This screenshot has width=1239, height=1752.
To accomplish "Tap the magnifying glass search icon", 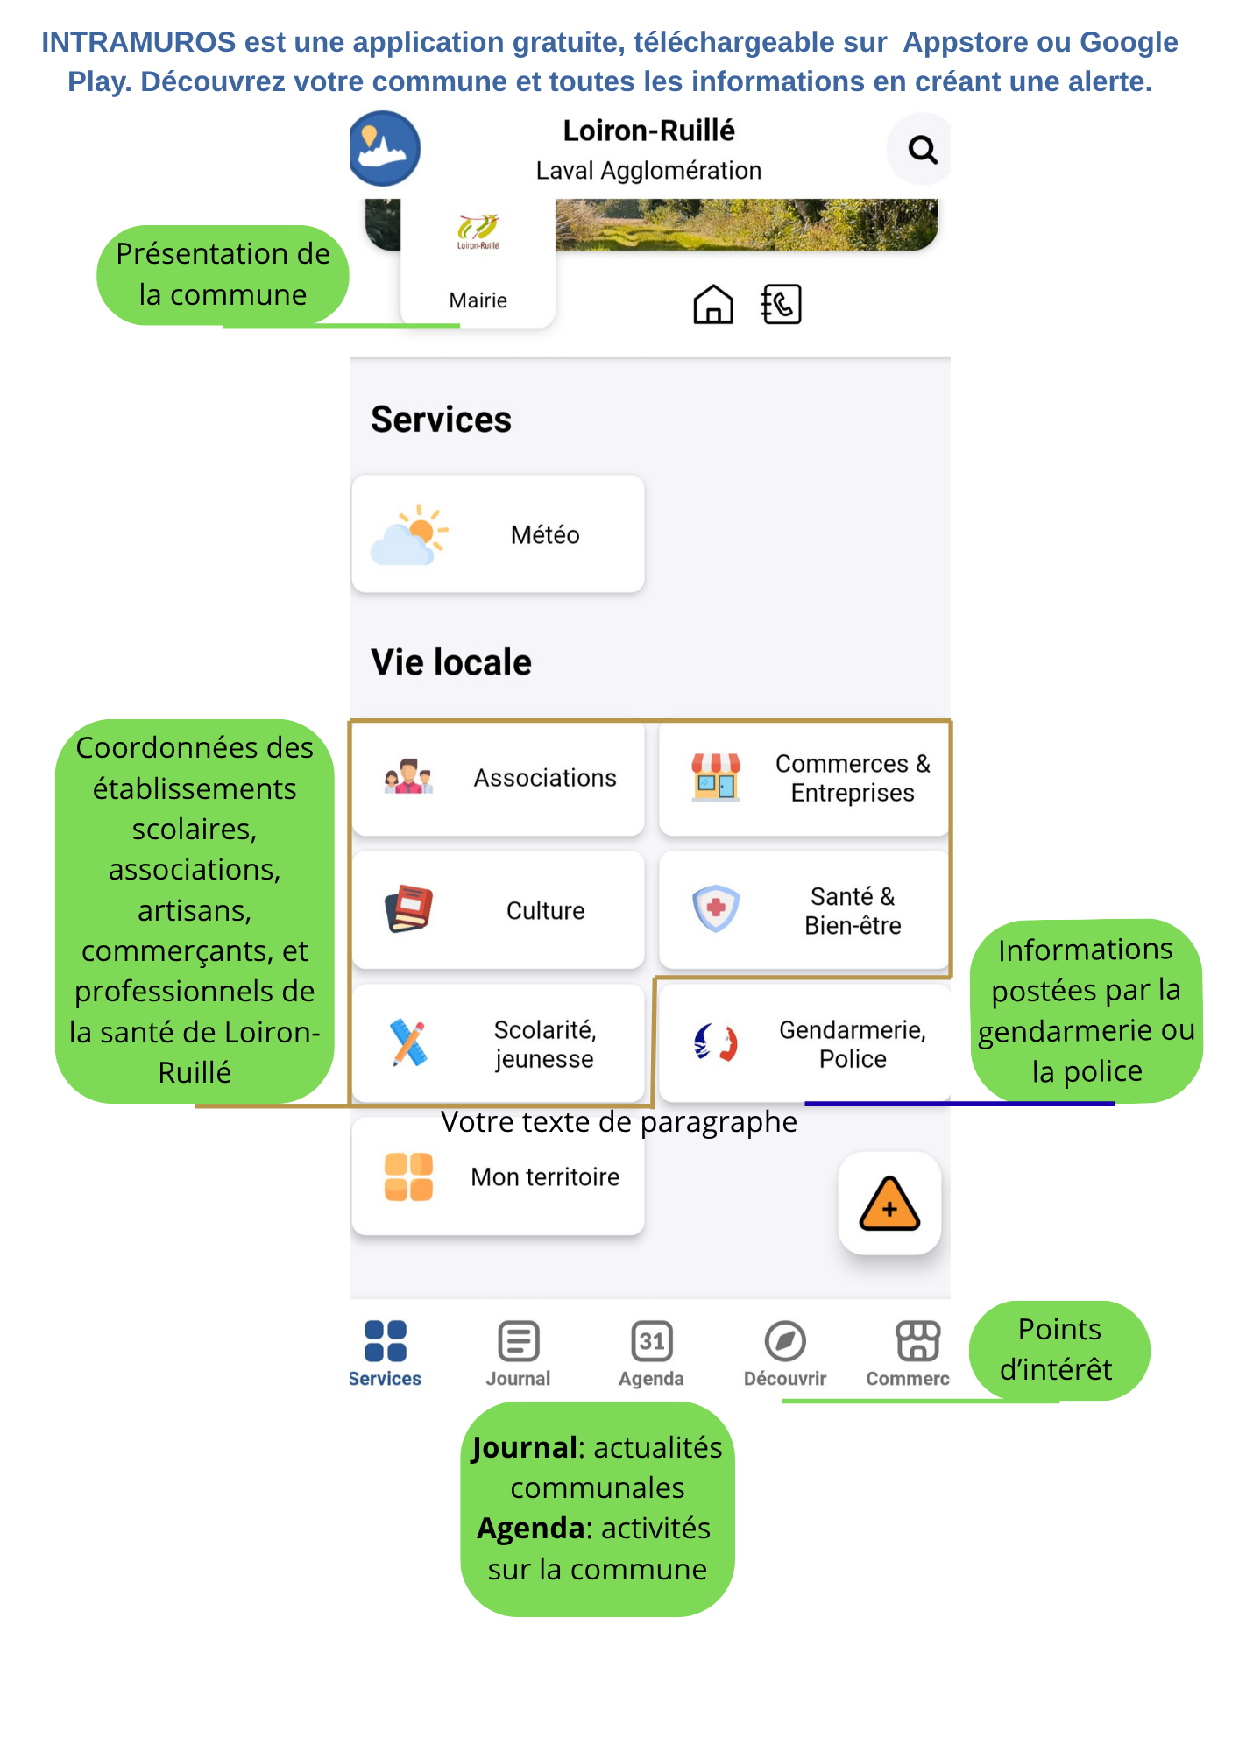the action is coord(922,150).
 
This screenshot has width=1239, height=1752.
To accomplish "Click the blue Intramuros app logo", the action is coord(384,148).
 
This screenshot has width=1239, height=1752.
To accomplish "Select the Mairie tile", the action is coord(478,264).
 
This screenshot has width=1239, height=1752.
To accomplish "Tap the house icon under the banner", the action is coord(713,305).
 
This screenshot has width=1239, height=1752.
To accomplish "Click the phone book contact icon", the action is coord(781,304).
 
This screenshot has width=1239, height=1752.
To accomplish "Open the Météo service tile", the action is coord(498,534).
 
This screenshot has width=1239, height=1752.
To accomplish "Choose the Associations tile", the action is coord(498,778).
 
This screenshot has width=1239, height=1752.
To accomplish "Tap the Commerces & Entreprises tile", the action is coord(804,778).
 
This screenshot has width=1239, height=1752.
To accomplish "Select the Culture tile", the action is coord(498,910).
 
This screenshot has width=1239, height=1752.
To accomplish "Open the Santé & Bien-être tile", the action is coord(804,910).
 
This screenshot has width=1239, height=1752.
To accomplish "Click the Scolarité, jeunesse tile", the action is coord(498,1043).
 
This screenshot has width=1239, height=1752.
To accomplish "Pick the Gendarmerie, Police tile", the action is coord(804,1043).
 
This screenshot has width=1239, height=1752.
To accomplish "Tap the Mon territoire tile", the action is coord(498,1176).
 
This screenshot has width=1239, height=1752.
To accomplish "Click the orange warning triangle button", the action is coord(889,1204).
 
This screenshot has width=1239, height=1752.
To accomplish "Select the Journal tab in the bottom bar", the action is coord(518,1353).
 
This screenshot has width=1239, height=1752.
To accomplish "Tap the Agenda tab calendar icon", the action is coord(652,1341).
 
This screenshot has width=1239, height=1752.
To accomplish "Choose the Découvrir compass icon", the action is coord(785,1341).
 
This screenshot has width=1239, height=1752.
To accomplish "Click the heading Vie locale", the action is coord(451,662).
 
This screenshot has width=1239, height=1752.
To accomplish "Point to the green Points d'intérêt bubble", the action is coord(1059,1350).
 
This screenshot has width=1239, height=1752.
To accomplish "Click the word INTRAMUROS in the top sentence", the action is coord(138,42).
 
